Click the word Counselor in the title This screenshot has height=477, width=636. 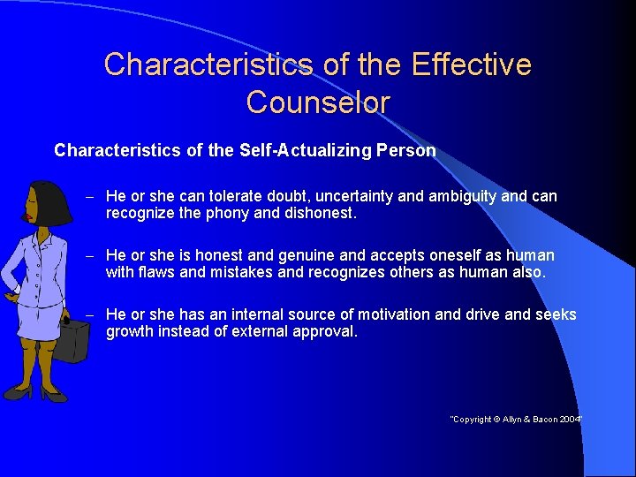point(318,102)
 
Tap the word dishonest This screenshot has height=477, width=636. point(328,213)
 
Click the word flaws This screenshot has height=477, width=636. point(159,272)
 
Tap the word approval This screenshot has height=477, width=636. point(327,331)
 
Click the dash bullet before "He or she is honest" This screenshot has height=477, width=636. point(90,255)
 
